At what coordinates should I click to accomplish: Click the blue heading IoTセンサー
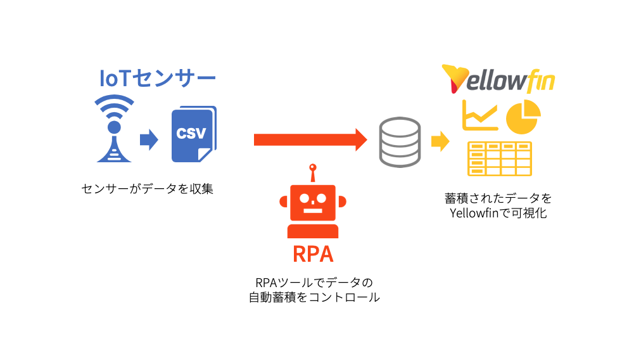click(x=158, y=79)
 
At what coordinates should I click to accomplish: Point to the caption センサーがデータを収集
click(x=147, y=188)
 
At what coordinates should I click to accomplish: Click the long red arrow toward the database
click(x=310, y=139)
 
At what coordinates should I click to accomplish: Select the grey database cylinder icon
click(x=399, y=142)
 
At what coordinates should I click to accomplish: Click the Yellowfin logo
click(x=498, y=79)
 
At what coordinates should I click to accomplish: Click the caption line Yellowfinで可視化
click(x=498, y=213)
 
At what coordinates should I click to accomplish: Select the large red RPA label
click(x=312, y=254)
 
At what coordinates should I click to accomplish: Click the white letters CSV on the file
click(x=191, y=134)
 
